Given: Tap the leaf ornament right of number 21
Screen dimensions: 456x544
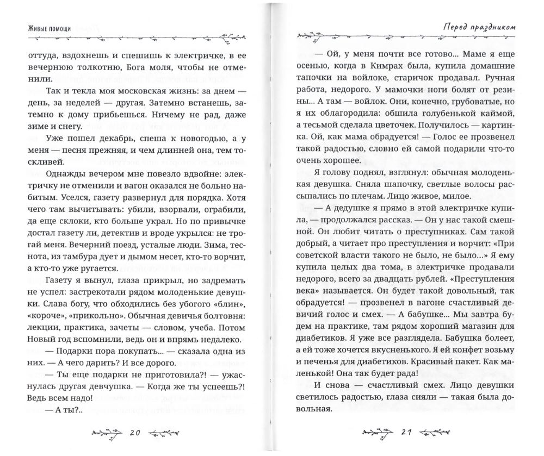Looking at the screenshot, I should click(435, 433).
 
